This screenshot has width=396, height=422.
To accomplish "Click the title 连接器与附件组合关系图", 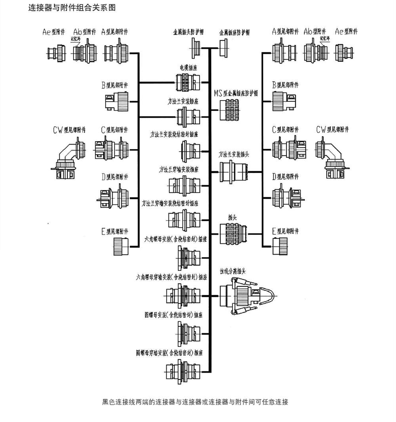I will (72, 8).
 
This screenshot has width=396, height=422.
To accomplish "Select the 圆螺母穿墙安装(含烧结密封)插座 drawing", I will (182, 372).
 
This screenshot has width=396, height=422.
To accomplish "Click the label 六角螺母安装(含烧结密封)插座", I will (175, 240).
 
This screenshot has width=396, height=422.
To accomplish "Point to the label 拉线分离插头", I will (233, 272).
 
